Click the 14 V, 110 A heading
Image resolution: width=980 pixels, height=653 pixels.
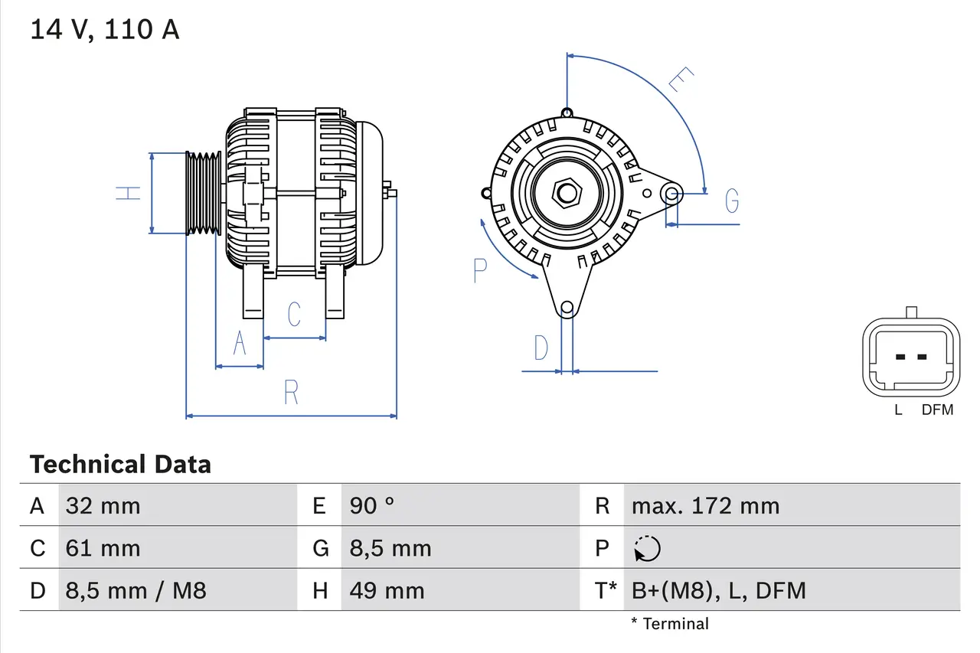pyautogui.click(x=104, y=30)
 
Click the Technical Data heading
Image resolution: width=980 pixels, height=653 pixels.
pyautogui.click(x=120, y=464)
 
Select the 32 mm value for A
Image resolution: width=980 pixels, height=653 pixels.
pyautogui.click(x=103, y=505)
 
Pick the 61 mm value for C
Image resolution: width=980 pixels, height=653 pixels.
pyautogui.click(x=103, y=548)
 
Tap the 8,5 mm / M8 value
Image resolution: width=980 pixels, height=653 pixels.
pyautogui.click(x=136, y=590)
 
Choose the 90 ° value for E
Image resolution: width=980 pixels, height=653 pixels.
pyautogui.click(x=372, y=505)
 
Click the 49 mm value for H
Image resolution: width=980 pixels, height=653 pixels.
pyautogui.click(x=387, y=590)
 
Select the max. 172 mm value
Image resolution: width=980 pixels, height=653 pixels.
pyautogui.click(x=705, y=505)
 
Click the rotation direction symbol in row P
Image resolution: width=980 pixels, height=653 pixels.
pyautogui.click(x=647, y=548)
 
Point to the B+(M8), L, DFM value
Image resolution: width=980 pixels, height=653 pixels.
pyautogui.click(x=718, y=590)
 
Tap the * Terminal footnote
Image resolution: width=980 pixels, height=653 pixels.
pyautogui.click(x=670, y=624)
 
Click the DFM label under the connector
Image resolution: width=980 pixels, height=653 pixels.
pyautogui.click(x=937, y=410)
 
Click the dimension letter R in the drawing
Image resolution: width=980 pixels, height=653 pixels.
pyautogui.click(x=291, y=393)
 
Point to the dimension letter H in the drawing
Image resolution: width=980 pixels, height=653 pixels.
pyautogui.click(x=129, y=193)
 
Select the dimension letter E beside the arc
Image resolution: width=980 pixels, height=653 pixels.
pyautogui.click(x=680, y=80)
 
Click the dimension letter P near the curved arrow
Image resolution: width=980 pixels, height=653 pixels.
pyautogui.click(x=480, y=270)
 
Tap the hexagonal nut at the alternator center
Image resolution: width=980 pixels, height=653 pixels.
pyautogui.click(x=567, y=193)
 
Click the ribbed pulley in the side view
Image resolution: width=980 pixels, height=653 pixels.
pyautogui.click(x=203, y=192)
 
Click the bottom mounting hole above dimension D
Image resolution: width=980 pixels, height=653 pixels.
pyautogui.click(x=567, y=309)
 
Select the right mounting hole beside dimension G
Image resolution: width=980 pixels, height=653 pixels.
pyautogui.click(x=672, y=193)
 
